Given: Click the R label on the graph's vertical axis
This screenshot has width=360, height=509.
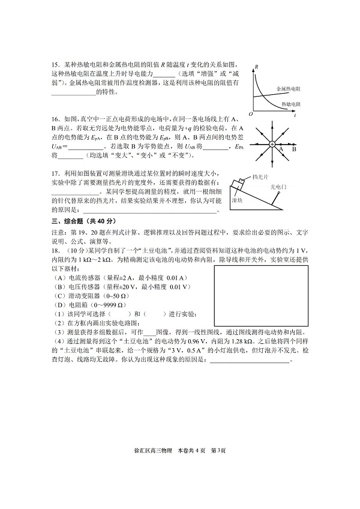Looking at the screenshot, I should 256,67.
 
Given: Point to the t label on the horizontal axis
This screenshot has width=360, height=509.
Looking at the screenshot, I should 295,115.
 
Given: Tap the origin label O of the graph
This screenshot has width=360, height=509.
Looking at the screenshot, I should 251,113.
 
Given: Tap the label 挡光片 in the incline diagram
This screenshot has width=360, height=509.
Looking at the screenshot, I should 260,177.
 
